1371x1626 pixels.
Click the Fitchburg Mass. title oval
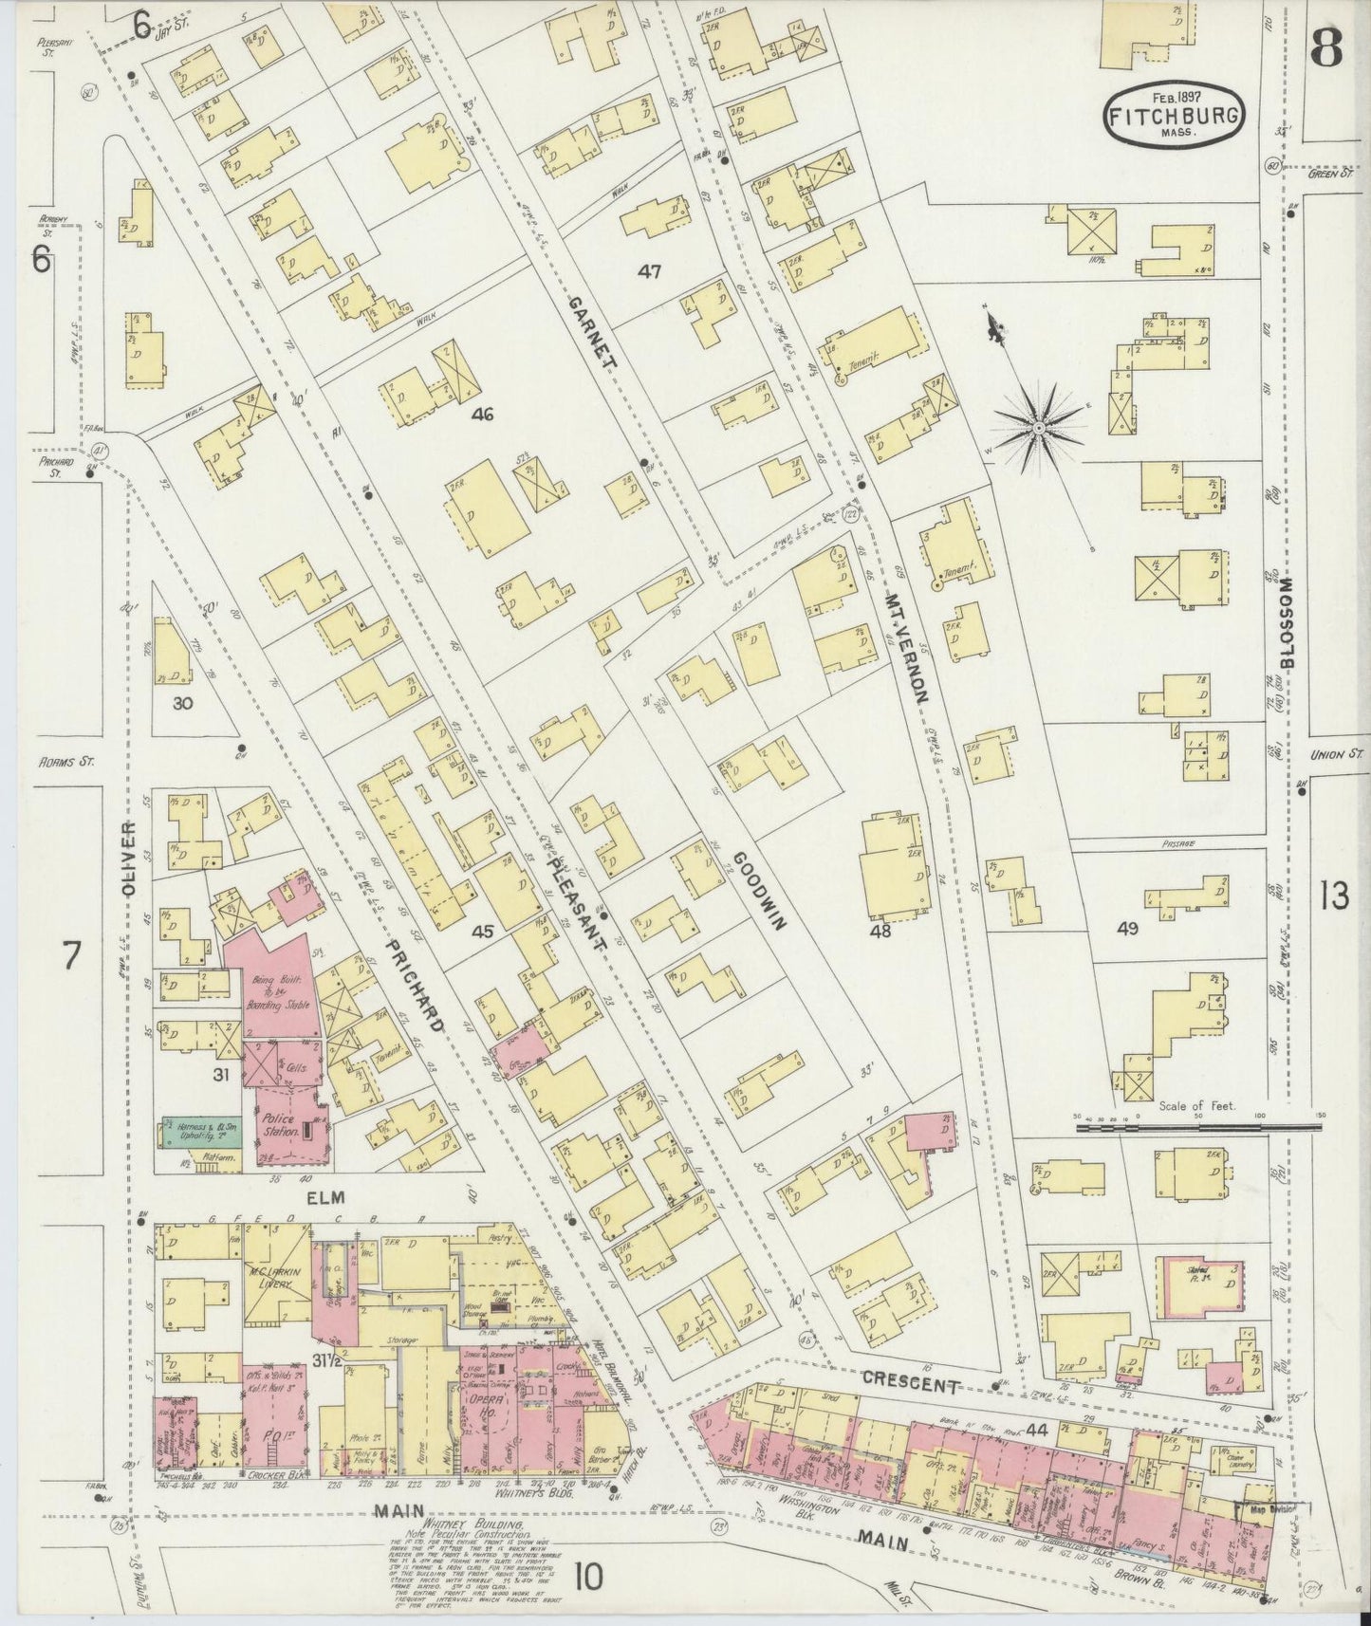(1174, 115)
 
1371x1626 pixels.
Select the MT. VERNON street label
(907, 646)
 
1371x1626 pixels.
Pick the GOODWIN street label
(754, 891)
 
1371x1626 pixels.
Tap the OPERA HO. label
(483, 1402)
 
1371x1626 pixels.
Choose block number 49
(1127, 930)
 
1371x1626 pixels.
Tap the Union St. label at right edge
(1334, 756)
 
